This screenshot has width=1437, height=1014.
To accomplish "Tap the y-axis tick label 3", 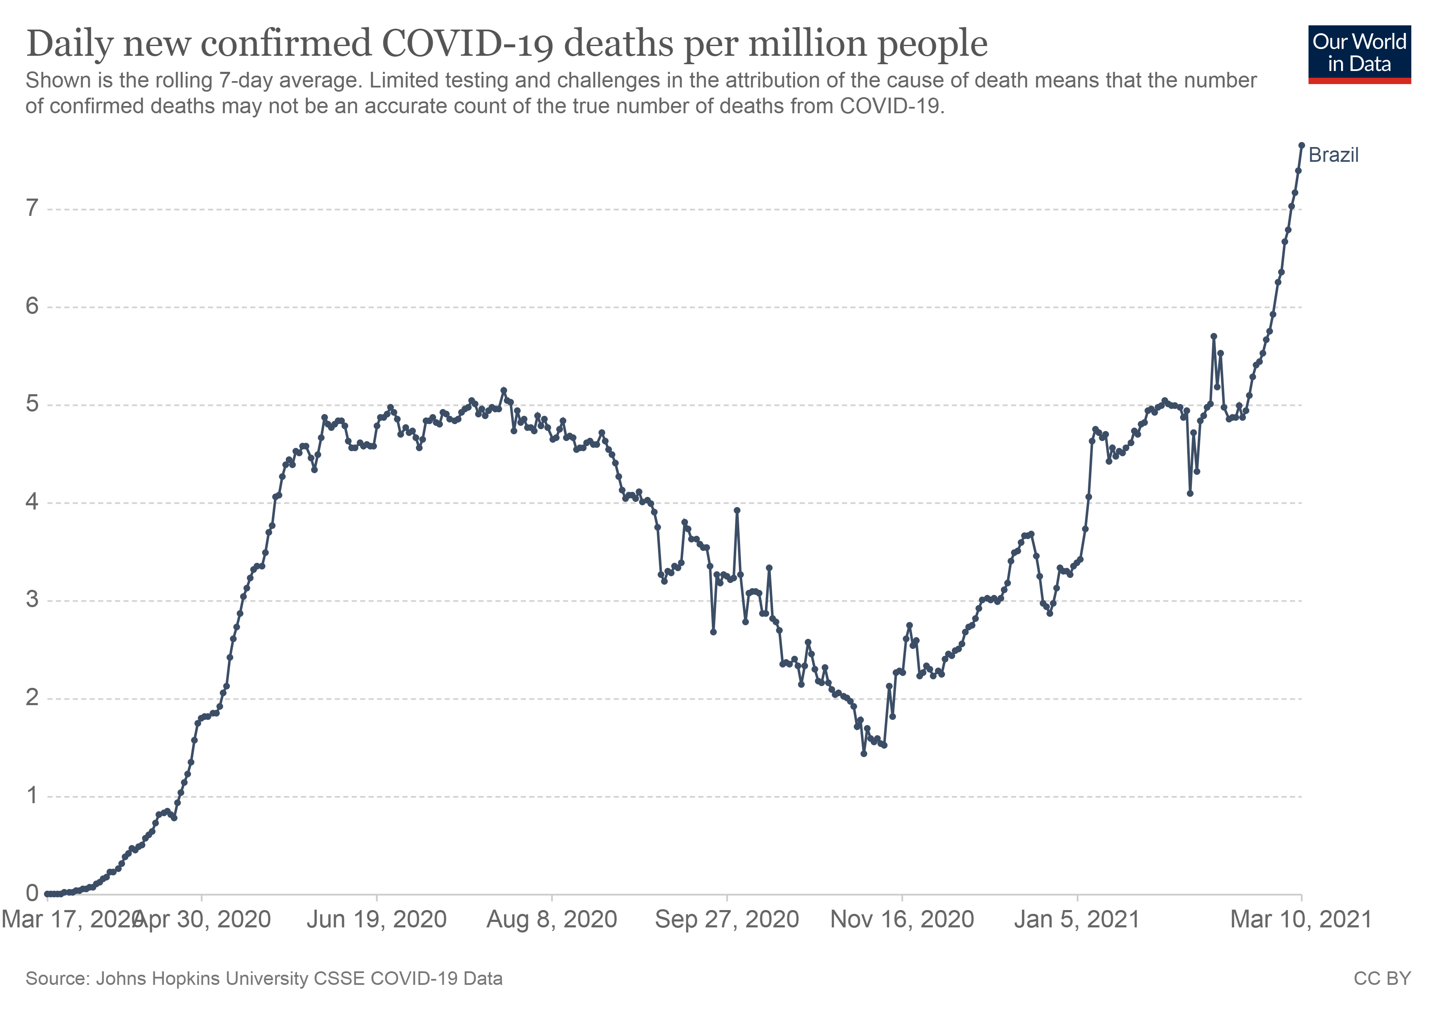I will click(x=32, y=600).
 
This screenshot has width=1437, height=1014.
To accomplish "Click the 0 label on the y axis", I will click(x=32, y=893).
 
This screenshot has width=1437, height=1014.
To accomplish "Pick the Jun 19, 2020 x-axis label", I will click(x=376, y=919).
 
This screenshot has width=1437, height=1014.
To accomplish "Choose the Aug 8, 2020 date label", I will click(x=552, y=919).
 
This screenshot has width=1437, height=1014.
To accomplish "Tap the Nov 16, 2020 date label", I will click(x=902, y=919).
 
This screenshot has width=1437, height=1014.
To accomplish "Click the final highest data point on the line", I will click(x=1301, y=145).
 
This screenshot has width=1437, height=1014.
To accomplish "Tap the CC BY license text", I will click(x=1382, y=979).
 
